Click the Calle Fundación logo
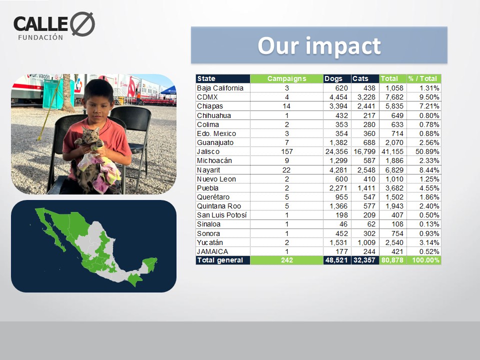pyautogui.click(x=54, y=26)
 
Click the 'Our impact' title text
pyautogui.click(x=319, y=46)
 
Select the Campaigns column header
pyautogui.click(x=286, y=78)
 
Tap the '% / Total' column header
pyautogui.click(x=424, y=78)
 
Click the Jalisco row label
pyautogui.click(x=208, y=151)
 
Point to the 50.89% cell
pyautogui.click(x=427, y=151)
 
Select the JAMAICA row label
pyautogui.click(x=212, y=251)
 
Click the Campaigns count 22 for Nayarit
pyautogui.click(x=286, y=170)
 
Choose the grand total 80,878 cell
pyautogui.click(x=392, y=260)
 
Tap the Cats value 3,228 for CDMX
pyautogui.click(x=366, y=97)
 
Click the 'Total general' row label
pyautogui.click(x=220, y=260)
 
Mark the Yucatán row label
pyautogui.click(x=210, y=242)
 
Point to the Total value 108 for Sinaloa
pyautogui.click(x=397, y=224)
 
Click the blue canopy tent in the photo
pyautogui.click(x=168, y=90)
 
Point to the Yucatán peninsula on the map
pyautogui.click(x=150, y=264)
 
